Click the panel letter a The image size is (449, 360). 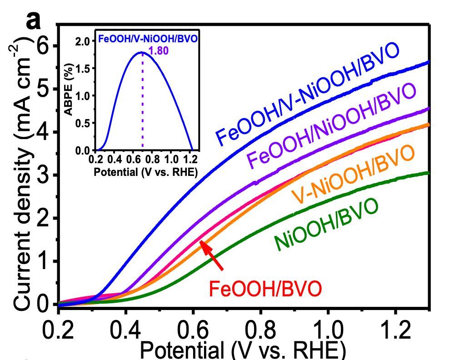pyautogui.click(x=35, y=20)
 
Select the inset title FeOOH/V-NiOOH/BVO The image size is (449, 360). pyautogui.click(x=148, y=39)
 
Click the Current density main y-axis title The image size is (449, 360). pyautogui.click(x=23, y=173)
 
